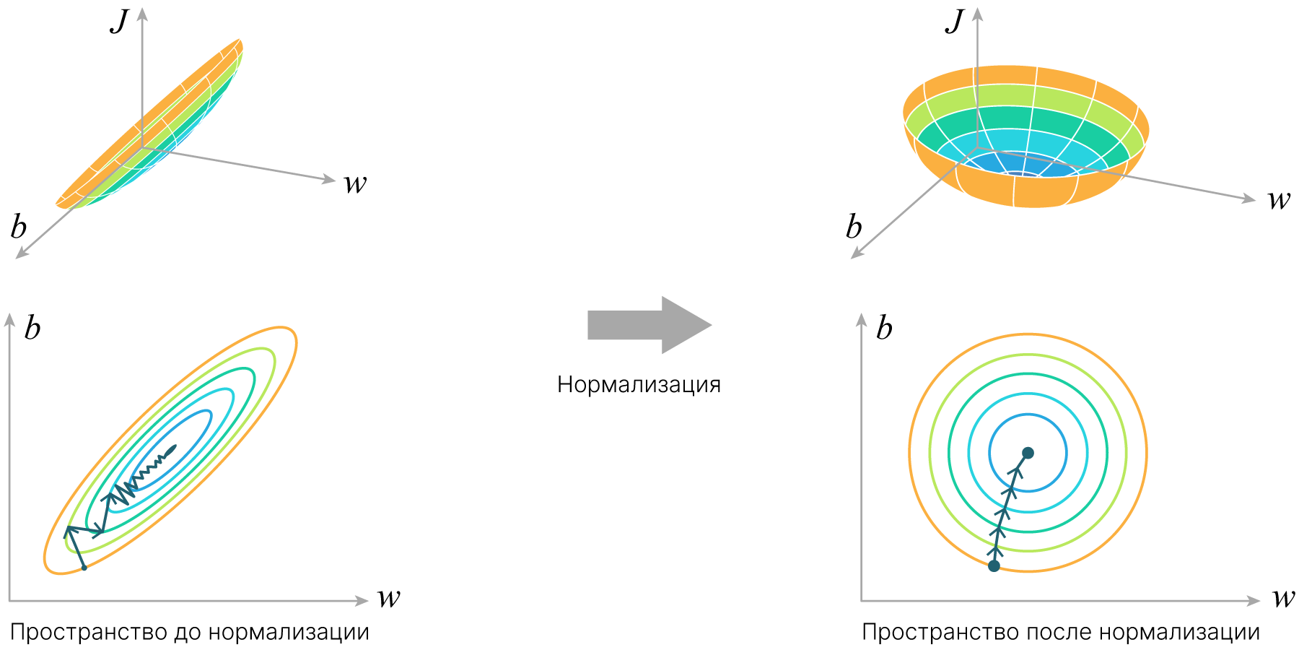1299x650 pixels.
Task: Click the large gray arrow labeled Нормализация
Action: pyautogui.click(x=649, y=325)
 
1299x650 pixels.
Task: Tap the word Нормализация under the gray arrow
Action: pyautogui.click(x=639, y=384)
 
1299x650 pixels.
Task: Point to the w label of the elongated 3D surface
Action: pyautogui.click(x=355, y=184)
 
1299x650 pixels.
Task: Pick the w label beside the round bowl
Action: pyautogui.click(x=1279, y=200)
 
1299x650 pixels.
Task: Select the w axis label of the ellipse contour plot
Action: pyautogui.click(x=389, y=598)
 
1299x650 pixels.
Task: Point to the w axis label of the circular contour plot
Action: pyautogui.click(x=1284, y=598)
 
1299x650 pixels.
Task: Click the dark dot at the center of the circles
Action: pyautogui.click(x=1028, y=453)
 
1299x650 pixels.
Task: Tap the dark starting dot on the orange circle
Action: pyautogui.click(x=994, y=565)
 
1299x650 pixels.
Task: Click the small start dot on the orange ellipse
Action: pyautogui.click(x=84, y=568)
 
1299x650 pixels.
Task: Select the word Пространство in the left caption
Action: pyautogui.click(x=89, y=633)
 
